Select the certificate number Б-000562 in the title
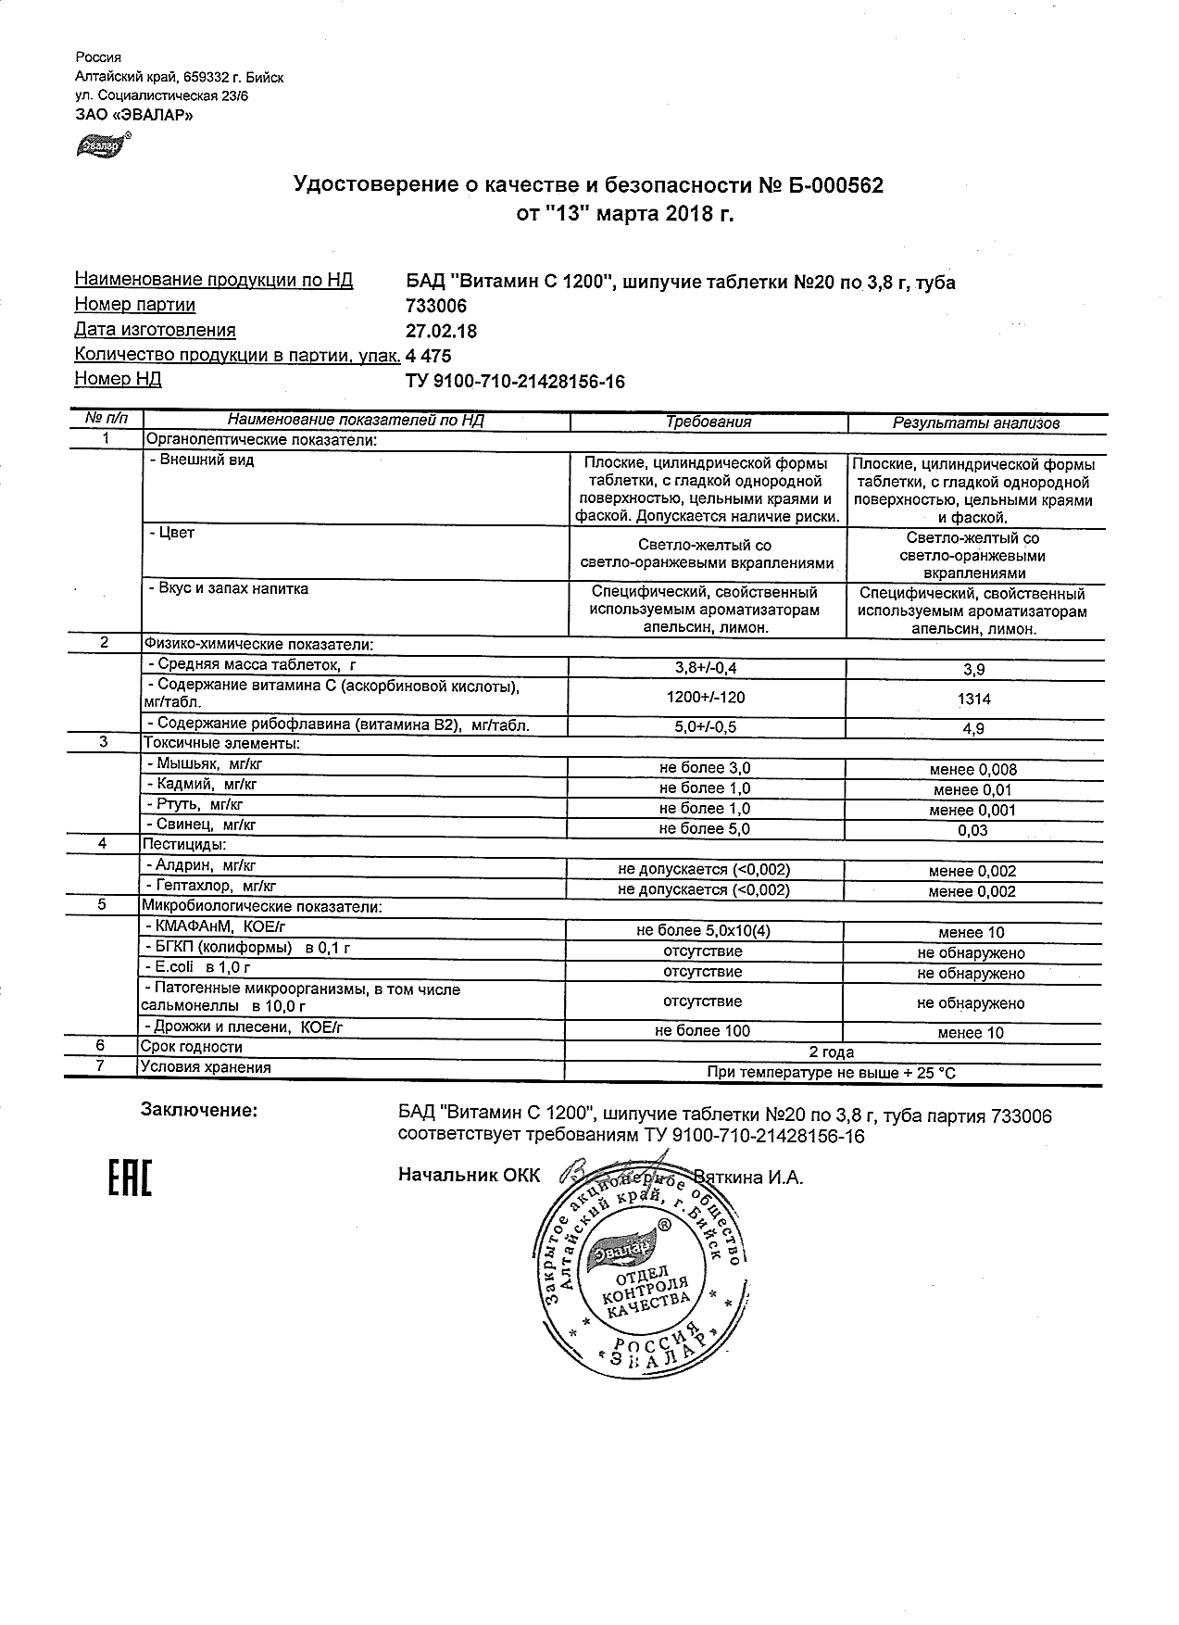coord(836,186)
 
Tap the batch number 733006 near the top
coord(436,306)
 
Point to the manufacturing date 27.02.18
coord(442,331)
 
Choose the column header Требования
coord(709,422)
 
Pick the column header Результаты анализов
coord(974,423)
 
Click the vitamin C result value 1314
coord(973,699)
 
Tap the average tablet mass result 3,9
coord(973,670)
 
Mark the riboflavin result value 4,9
coord(973,729)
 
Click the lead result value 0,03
coord(973,831)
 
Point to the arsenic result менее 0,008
coord(973,770)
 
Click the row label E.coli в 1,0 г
coord(198,967)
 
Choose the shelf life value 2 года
coord(832,1052)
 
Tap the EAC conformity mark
coord(130,1178)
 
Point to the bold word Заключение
coord(198,1110)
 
